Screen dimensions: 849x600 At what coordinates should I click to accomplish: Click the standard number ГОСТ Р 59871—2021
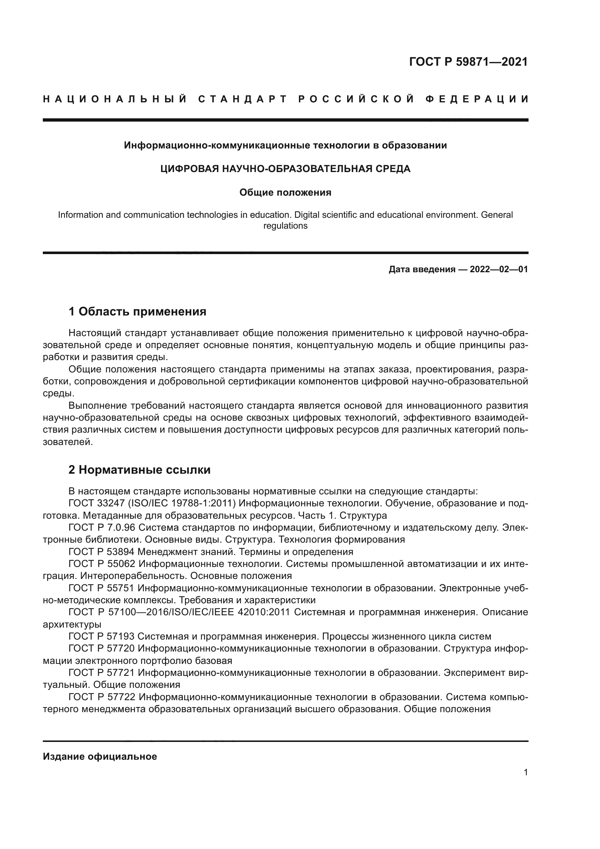pos(468,62)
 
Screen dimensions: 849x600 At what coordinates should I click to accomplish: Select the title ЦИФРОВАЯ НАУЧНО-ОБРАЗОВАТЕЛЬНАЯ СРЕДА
pos(285,169)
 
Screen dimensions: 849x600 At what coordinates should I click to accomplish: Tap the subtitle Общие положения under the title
pos(285,193)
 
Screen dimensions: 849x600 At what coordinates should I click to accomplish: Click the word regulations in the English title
pos(285,226)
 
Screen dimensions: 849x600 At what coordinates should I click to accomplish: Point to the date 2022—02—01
pos(498,270)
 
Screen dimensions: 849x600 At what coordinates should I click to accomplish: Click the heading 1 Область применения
pos(137,312)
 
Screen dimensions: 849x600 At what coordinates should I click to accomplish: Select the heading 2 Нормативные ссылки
pos(140,470)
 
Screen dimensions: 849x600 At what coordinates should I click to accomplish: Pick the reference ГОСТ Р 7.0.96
pos(102,528)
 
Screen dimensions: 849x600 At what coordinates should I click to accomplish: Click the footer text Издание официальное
pos(100,756)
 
